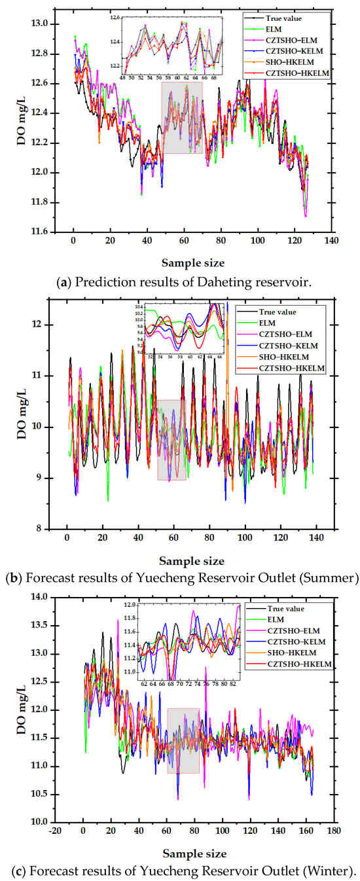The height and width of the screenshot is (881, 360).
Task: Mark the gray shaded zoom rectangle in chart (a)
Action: pos(182,118)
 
